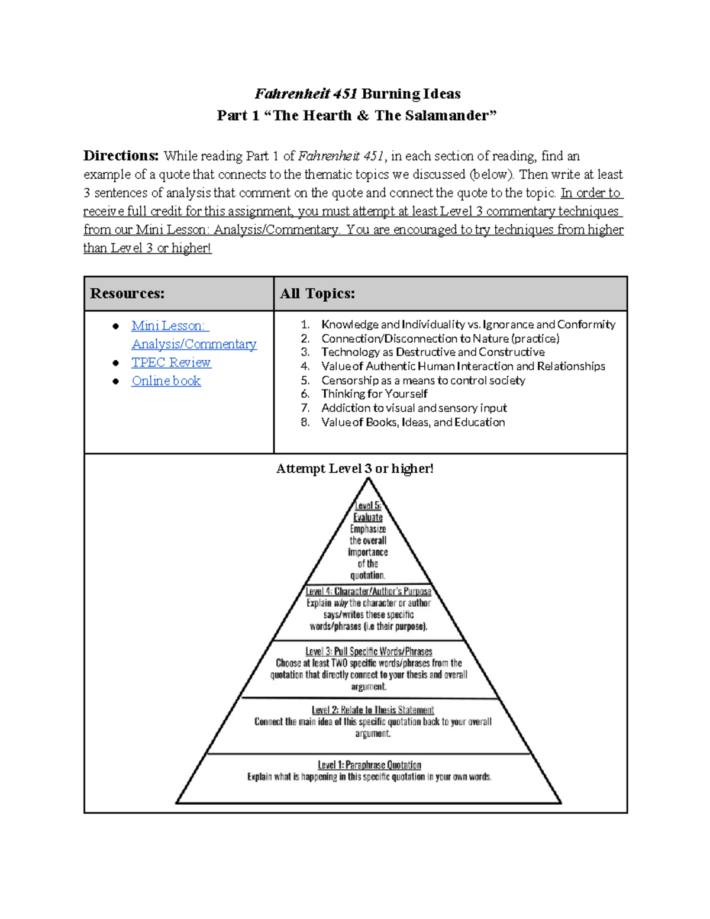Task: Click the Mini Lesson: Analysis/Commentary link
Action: tap(193, 335)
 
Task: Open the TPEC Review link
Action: tap(171, 363)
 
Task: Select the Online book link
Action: tap(166, 381)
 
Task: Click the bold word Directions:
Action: tap(121, 156)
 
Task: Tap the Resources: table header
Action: tap(127, 294)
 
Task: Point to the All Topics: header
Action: tap(317, 294)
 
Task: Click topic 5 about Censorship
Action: tap(422, 381)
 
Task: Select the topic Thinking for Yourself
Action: tap(374, 394)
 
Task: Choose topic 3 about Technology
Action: tap(433, 352)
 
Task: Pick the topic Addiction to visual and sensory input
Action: tap(414, 408)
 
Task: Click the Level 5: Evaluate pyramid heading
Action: tap(368, 511)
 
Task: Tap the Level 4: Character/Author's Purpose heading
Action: tap(368, 591)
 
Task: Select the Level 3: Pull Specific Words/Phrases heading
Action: tap(369, 652)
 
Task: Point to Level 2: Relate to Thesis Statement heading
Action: tap(373, 710)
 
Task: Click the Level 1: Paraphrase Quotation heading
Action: tap(369, 765)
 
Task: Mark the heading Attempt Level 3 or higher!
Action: tap(355, 469)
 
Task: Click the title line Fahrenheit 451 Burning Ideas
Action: tap(357, 93)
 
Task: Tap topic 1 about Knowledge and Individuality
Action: tap(468, 324)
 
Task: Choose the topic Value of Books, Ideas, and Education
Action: tap(413, 423)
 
